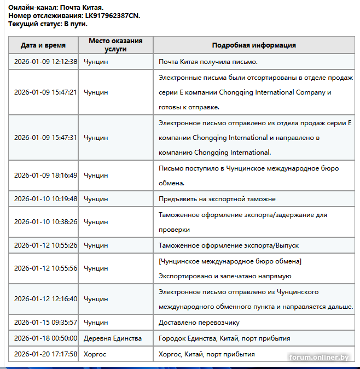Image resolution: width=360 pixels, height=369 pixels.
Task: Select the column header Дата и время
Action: (43, 45)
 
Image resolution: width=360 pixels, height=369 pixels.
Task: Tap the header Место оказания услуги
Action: (115, 45)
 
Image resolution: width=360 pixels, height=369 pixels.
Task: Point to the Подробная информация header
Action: (254, 45)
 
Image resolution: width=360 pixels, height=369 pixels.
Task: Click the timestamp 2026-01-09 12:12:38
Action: (45, 62)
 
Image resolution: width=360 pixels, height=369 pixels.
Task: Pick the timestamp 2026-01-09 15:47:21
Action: (45, 92)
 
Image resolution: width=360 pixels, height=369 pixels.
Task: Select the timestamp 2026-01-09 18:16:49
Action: (45, 175)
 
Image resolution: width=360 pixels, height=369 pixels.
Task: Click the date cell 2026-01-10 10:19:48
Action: (45, 199)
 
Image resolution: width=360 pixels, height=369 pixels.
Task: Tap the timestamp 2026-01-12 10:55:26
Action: (45, 245)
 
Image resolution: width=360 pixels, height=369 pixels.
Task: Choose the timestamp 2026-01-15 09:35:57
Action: (45, 323)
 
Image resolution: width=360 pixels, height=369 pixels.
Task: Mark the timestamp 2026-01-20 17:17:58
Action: (45, 354)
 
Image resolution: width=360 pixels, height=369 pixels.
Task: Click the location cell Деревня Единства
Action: (113, 338)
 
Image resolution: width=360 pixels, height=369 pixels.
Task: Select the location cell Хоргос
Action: (95, 354)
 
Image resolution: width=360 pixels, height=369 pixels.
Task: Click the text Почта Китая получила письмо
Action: (208, 62)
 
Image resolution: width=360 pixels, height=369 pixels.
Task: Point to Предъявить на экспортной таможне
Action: (217, 199)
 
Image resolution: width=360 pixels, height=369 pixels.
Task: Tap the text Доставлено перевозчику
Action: (199, 323)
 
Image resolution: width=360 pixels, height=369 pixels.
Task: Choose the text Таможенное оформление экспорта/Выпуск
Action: (228, 245)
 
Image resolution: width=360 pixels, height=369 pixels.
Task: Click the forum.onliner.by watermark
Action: (319, 358)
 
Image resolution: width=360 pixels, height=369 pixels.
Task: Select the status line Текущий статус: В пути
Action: (48, 24)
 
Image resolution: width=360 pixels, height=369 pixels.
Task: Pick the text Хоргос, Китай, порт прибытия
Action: (206, 354)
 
